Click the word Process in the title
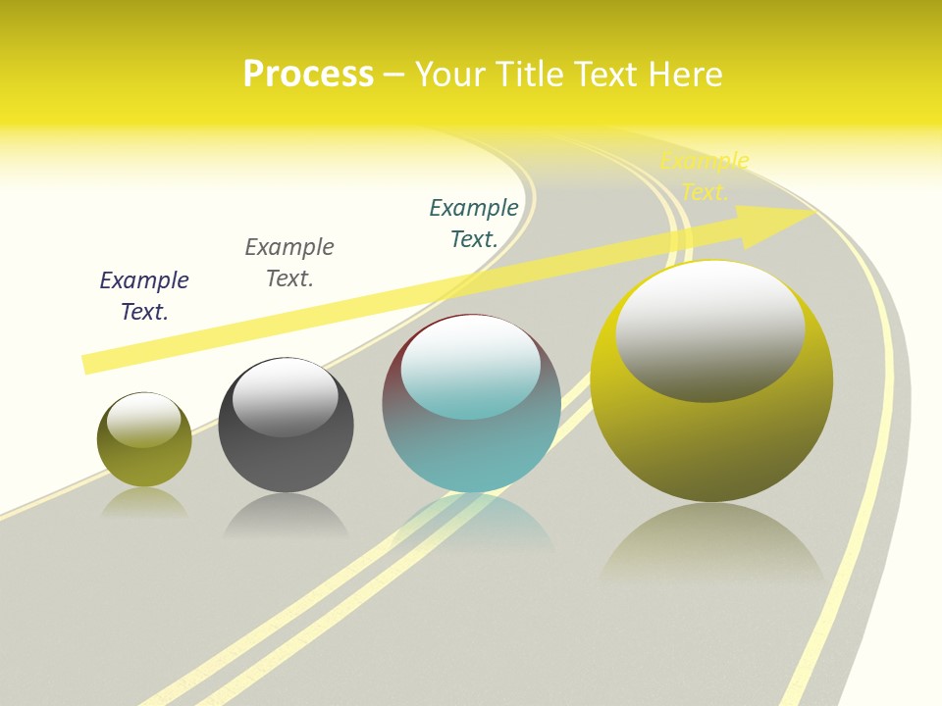[x=308, y=75]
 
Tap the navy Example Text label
[x=144, y=296]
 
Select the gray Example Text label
[x=289, y=263]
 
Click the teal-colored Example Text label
[x=474, y=223]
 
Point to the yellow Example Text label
[x=705, y=176]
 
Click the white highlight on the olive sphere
[x=144, y=420]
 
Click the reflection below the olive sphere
[x=144, y=503]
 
